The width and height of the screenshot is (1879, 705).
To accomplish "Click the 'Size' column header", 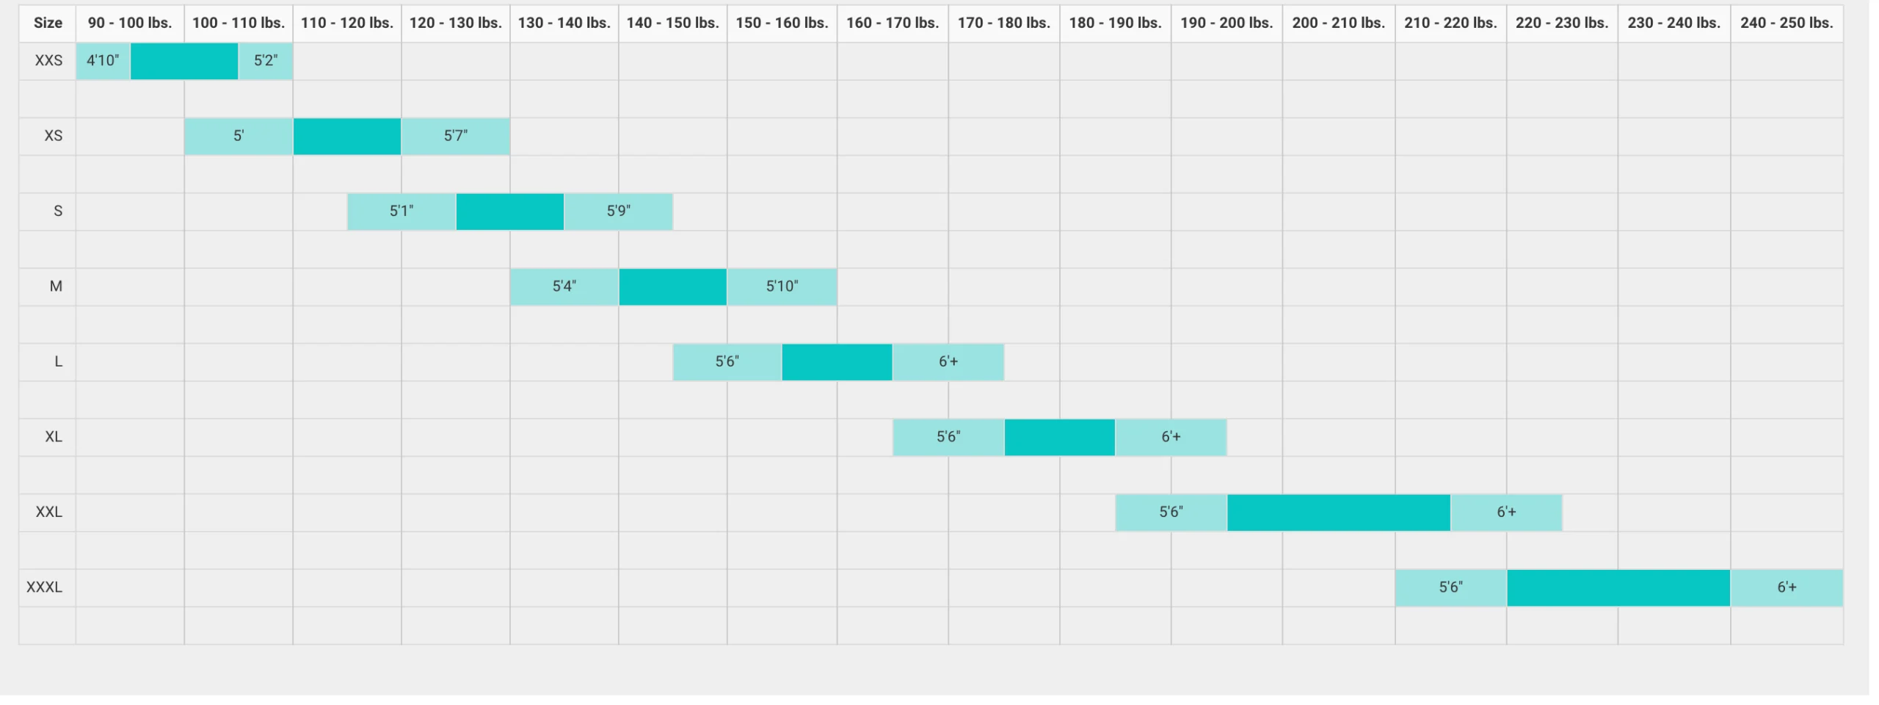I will click(x=48, y=23).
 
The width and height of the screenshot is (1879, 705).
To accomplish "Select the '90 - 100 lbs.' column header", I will click(x=130, y=23).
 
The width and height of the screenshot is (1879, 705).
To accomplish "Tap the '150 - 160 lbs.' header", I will click(x=782, y=23).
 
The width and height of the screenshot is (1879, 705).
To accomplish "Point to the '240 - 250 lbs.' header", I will click(x=1787, y=23).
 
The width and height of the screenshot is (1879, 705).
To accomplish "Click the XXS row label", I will click(x=48, y=60).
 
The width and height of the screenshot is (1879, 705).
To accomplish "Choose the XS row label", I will click(x=53, y=136).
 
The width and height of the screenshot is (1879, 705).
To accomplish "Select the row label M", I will click(x=56, y=286).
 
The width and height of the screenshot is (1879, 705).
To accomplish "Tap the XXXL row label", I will click(x=44, y=587).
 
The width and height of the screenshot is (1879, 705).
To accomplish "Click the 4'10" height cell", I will click(x=103, y=60).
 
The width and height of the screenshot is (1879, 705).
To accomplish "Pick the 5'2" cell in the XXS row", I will click(x=266, y=60).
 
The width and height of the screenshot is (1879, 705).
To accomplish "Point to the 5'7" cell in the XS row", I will click(x=456, y=136).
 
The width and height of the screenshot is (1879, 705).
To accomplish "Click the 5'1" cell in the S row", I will click(x=401, y=211).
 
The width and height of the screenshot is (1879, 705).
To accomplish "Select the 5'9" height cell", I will click(x=618, y=211).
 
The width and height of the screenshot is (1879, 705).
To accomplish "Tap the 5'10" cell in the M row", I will click(x=782, y=286).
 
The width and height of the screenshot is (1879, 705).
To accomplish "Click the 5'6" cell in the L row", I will click(x=727, y=361).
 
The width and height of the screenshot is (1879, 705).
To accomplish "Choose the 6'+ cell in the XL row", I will click(x=1171, y=437).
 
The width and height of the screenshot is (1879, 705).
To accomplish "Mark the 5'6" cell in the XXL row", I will click(x=1171, y=512).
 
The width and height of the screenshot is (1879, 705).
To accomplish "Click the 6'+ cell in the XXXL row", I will click(x=1787, y=587).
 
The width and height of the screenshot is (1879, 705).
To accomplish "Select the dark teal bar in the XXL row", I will click(x=1338, y=512).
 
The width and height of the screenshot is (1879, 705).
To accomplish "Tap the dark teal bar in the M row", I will click(x=672, y=286).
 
